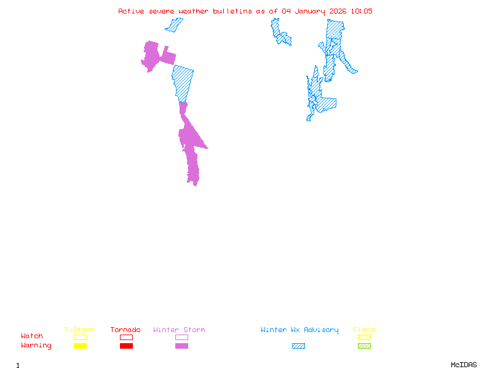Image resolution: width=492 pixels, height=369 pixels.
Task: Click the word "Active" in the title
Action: coord(132,11)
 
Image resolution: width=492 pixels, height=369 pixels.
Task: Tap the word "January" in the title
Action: coord(310,11)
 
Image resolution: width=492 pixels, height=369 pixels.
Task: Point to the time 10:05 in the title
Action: coord(362,11)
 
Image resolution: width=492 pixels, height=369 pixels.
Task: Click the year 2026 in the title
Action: coord(338,11)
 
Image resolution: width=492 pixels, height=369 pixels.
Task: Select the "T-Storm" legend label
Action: coord(79,330)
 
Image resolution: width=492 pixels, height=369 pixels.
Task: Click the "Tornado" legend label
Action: coord(125,330)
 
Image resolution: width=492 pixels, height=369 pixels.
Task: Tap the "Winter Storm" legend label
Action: coord(179,330)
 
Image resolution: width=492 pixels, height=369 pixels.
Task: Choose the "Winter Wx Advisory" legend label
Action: coord(300,330)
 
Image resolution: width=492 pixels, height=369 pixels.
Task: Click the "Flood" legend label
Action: coord(364,330)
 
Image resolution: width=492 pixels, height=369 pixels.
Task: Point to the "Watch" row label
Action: coord(32,336)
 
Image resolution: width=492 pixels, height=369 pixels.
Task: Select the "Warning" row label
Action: coord(36,346)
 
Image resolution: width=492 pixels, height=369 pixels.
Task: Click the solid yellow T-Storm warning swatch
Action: coord(80,346)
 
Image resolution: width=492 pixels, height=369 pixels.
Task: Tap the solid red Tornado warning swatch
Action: coord(126,346)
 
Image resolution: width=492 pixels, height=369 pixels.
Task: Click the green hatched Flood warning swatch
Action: coord(364,346)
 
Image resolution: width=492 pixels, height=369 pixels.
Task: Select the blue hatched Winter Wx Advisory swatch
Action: coord(298,346)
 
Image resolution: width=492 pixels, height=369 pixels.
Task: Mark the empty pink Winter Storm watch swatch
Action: coord(181,338)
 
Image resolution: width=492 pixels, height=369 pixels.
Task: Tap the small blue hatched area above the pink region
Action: coord(174,25)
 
